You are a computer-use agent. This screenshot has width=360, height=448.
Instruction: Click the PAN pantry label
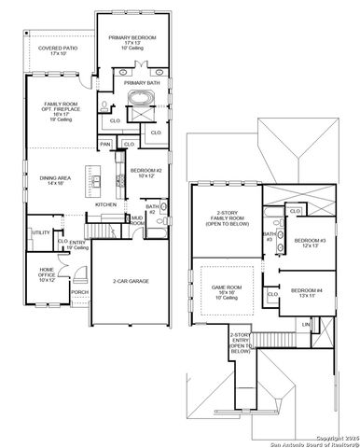[106, 145]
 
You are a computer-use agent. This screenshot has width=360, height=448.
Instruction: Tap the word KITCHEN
[104, 204]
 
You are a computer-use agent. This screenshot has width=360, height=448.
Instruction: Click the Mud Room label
[137, 221]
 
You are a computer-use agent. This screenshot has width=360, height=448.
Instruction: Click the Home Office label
[47, 275]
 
